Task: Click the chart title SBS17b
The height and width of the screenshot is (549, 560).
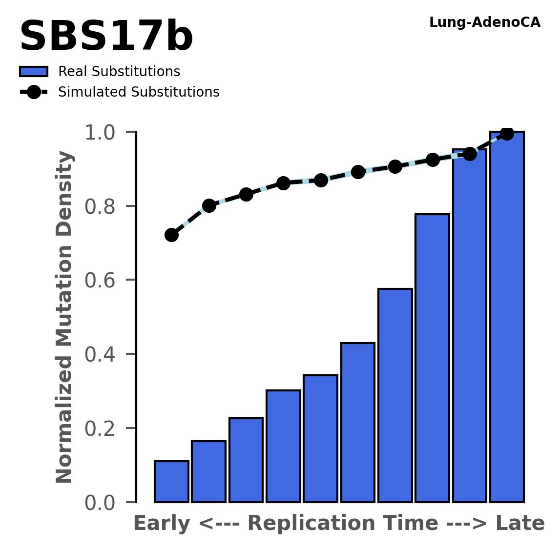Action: click(106, 38)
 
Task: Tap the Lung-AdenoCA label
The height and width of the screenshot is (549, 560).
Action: click(484, 22)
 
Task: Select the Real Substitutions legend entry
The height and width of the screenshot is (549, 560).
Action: click(119, 72)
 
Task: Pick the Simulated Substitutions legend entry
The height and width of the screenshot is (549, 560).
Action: click(138, 92)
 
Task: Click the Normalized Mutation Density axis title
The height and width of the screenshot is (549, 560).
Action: click(64, 317)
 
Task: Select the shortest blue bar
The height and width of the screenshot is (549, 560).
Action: click(171, 481)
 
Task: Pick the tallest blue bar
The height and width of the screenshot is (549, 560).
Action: click(507, 317)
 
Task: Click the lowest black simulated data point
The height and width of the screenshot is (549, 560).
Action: click(171, 235)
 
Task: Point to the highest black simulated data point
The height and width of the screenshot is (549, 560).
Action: click(507, 133)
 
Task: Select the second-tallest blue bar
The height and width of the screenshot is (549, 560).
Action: click(470, 325)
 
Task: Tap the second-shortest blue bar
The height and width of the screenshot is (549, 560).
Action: click(208, 471)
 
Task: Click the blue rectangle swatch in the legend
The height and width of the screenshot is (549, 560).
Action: click(34, 72)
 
